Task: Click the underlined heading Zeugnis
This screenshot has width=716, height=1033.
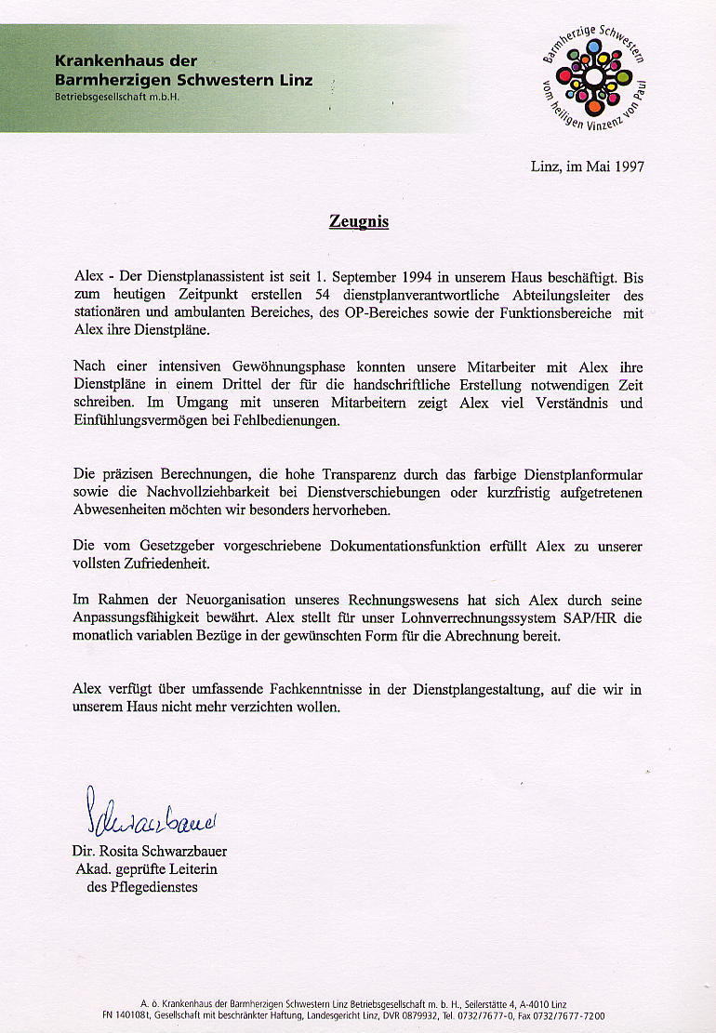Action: pos(358,222)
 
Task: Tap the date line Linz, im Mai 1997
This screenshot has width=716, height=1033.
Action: pos(587,167)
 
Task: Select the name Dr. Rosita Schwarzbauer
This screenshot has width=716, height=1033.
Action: pos(149,852)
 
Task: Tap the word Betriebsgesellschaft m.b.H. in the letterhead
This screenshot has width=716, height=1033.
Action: pos(115,97)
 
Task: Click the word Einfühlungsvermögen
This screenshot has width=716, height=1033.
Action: pos(146,421)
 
